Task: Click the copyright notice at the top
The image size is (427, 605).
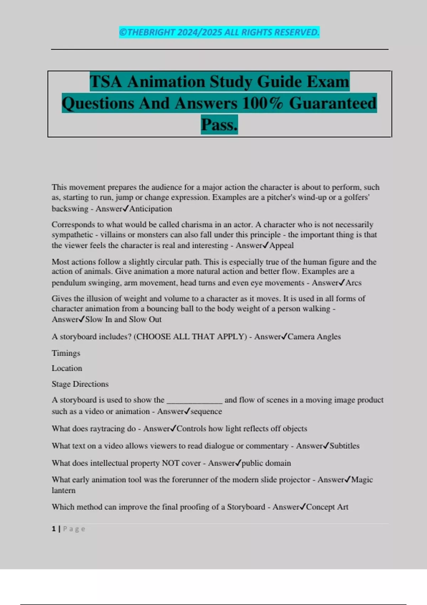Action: point(219,32)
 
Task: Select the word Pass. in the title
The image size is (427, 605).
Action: point(219,125)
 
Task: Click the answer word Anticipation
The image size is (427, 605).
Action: point(151,209)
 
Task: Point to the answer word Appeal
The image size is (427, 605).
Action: point(281,246)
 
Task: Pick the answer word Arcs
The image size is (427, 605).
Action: point(353,283)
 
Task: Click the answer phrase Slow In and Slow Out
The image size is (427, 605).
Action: point(123,320)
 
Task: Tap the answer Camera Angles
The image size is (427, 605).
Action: point(314,337)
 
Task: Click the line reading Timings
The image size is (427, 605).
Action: point(66,353)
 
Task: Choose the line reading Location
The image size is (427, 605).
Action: point(67,368)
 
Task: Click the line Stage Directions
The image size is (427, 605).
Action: point(80,384)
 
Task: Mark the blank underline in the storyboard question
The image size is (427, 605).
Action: point(195,401)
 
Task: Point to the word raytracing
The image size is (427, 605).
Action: point(107,429)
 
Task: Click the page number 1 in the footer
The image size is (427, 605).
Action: point(54,529)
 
